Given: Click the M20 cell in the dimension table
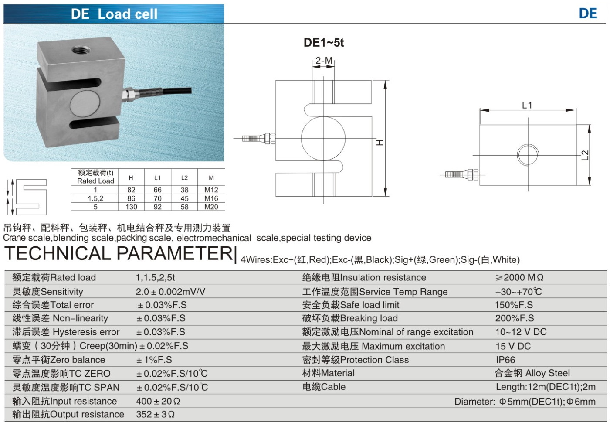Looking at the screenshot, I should coord(211,207).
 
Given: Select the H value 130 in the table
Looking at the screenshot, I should coord(131,207).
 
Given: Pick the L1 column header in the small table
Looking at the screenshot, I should coord(157,178).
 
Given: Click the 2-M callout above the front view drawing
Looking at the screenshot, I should coord(324,61).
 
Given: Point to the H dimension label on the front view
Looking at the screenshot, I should coord(380,143).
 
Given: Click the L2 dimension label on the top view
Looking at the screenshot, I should coord(585,155).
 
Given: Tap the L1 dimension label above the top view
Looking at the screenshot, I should coord(527,105).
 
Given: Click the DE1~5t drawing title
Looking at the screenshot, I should coord(324,43).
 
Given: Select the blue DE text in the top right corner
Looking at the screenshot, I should coord(588,14).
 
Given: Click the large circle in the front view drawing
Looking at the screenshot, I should coord(323,138).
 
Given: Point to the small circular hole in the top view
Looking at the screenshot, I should coord(528,155).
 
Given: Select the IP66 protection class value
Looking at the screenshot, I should coord(505,360).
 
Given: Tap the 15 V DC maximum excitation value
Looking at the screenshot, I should coord(513,346).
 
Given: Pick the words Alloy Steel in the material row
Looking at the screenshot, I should coord(547,373).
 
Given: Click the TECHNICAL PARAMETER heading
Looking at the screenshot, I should coord(119,253).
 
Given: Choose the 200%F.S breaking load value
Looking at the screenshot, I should coord(514,318).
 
